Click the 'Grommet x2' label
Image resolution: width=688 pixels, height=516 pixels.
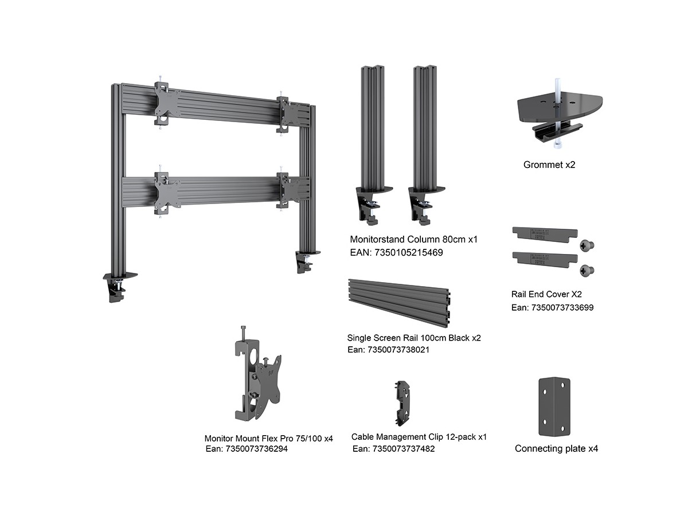point(549,165)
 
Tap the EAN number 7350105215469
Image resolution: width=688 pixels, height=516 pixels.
point(396,252)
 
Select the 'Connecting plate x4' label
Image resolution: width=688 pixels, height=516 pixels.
point(556,448)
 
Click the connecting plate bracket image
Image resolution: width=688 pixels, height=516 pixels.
point(555,406)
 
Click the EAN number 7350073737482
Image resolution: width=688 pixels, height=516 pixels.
point(393,449)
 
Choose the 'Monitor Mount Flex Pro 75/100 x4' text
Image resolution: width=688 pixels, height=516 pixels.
point(268,438)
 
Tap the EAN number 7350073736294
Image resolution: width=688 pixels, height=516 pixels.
point(247,449)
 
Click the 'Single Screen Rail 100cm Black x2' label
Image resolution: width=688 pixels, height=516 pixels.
point(414,338)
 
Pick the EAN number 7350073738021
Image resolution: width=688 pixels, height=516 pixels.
point(389,349)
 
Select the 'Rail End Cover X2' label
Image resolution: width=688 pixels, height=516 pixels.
point(546,294)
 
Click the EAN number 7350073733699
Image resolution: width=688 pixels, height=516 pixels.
point(552,307)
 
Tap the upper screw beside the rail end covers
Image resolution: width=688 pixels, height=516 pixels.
point(587,245)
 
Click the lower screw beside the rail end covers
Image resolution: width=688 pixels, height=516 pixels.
point(587,269)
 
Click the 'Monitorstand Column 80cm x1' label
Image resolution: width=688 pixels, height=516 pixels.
point(413,239)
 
